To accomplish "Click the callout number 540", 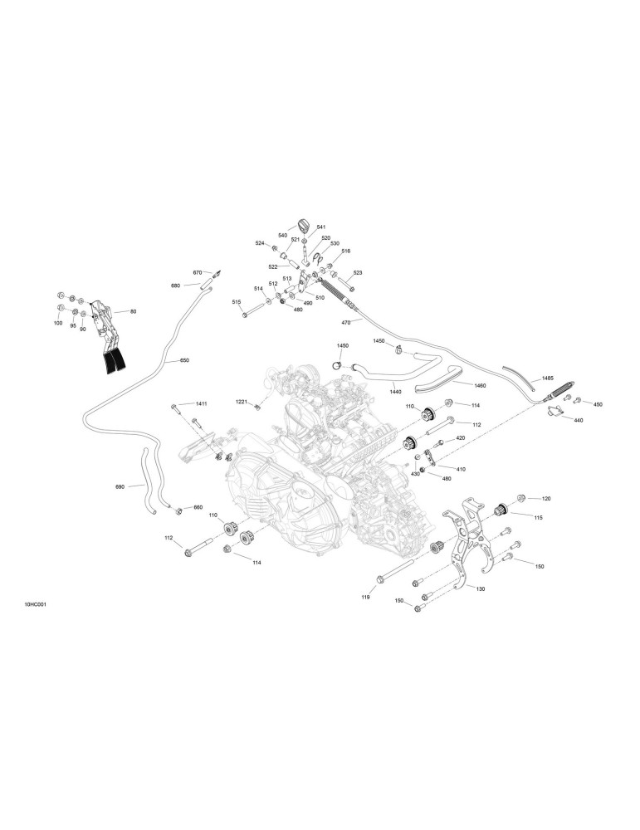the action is tap(283, 236).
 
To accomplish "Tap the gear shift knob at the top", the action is tap(303, 224).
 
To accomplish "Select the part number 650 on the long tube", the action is tap(184, 360).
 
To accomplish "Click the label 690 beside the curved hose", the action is tap(120, 486).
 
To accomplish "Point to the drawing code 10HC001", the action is tap(35, 604).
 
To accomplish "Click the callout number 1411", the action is tap(201, 404).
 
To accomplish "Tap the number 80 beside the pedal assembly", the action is tap(134, 312).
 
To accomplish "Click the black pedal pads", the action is tap(113, 364).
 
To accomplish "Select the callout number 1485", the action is tap(547, 378).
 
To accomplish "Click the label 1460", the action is tap(480, 386).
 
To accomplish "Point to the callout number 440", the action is tap(578, 420).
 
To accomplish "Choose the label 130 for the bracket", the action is tap(481, 588).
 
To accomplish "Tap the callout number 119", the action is tap(365, 597).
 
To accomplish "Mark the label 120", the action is tap(546, 499).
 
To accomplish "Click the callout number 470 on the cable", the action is tap(346, 322).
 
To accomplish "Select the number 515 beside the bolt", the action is tap(237, 302).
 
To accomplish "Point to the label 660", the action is tap(198, 508).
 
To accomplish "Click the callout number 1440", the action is tap(395, 392).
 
